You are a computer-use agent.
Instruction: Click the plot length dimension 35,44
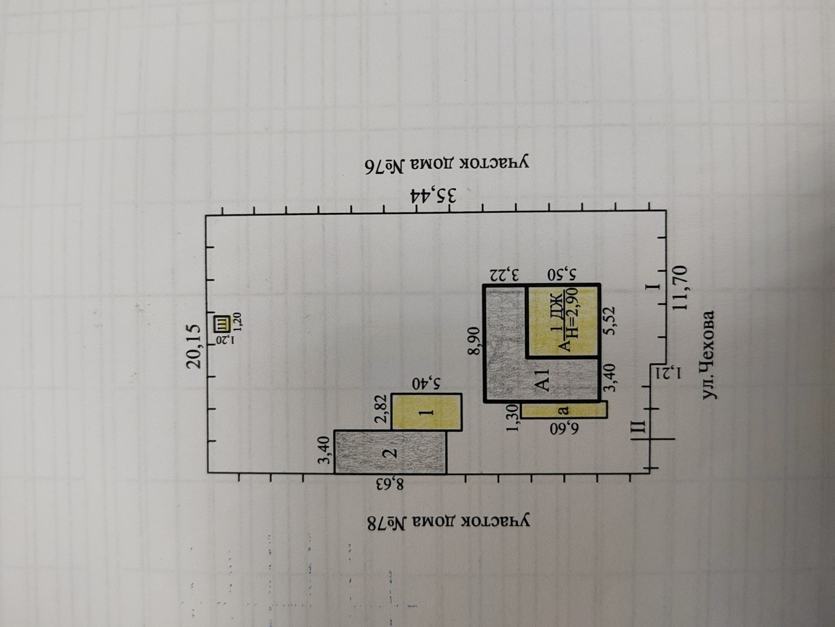coord(433,196)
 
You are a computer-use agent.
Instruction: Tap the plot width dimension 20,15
coord(194,346)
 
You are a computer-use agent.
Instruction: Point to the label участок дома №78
coord(448,522)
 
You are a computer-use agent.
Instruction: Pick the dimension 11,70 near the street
coord(681,287)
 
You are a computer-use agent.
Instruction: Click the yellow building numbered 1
coord(427,412)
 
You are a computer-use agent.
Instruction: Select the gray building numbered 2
coord(390,452)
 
